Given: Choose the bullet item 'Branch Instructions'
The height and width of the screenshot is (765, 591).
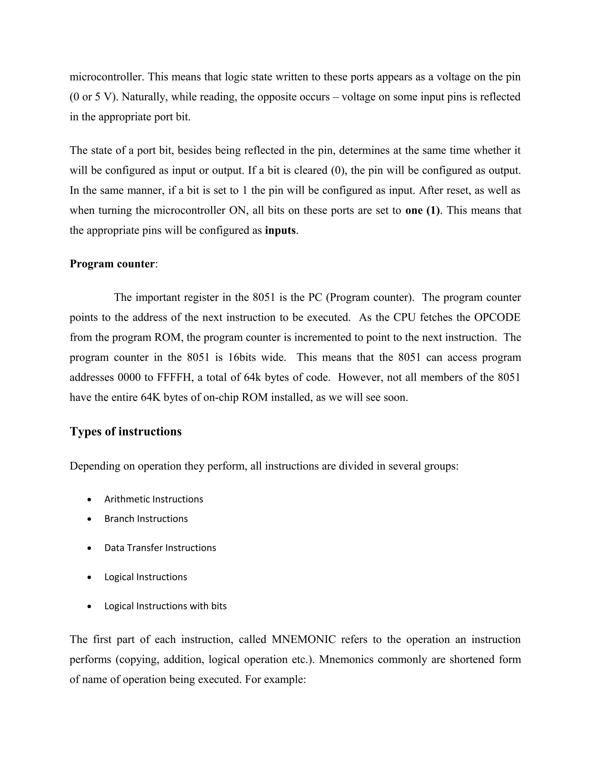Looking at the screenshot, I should (146, 519).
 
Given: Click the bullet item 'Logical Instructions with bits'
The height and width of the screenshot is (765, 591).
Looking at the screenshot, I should (165, 606).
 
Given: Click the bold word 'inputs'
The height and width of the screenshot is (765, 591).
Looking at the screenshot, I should (280, 230).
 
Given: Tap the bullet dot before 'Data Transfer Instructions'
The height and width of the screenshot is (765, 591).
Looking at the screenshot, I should (90, 548).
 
